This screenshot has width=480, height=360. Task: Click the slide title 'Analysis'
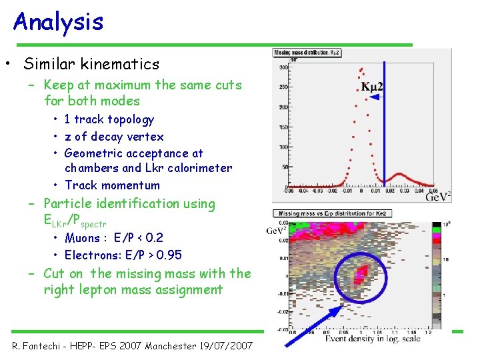click(59, 21)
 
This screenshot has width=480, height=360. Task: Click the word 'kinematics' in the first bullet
click(126, 64)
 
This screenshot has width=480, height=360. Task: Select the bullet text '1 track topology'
click(109, 119)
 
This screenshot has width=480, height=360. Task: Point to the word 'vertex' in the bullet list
click(145, 136)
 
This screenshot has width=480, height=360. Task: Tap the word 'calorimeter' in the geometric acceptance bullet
click(198, 168)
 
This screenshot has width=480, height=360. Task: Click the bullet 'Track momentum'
click(112, 185)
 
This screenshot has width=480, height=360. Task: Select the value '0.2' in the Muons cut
click(154, 237)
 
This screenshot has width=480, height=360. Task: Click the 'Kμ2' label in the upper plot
click(373, 87)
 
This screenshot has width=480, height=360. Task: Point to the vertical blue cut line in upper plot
click(385, 133)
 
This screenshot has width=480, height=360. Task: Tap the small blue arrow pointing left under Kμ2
click(377, 97)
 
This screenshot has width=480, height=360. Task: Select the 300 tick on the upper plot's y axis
click(283, 67)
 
